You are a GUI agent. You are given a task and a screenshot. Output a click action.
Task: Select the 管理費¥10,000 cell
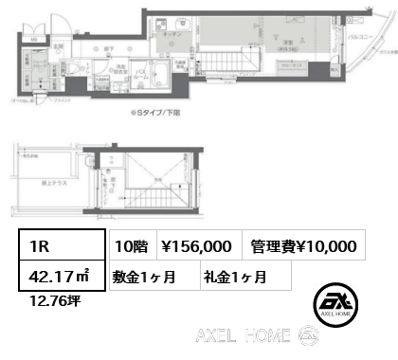(x=303, y=246)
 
